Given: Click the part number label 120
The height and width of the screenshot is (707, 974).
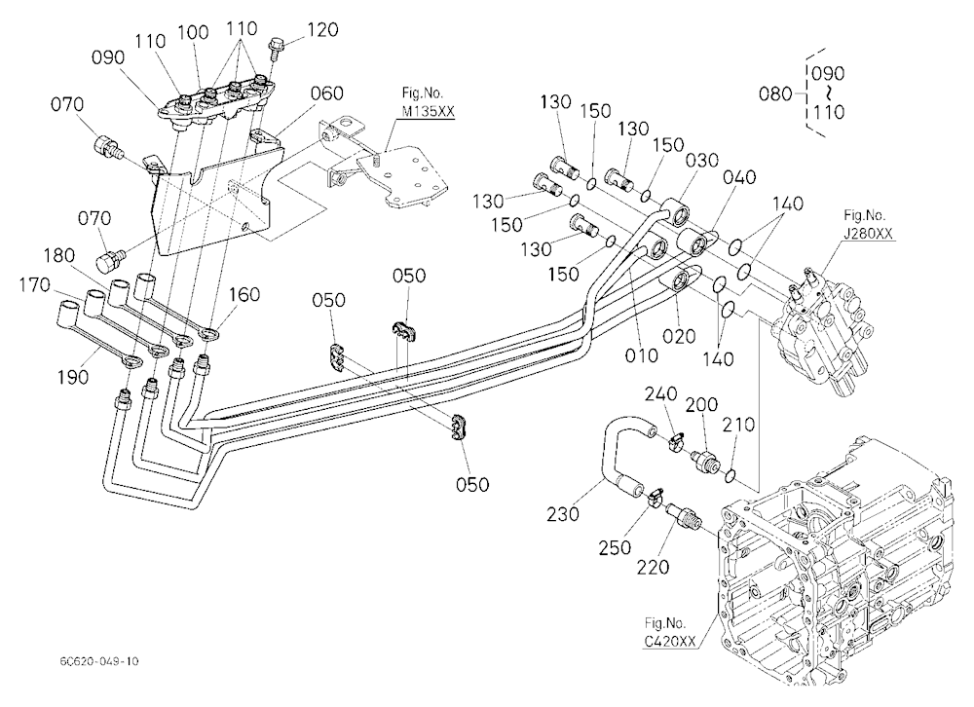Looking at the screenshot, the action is tap(323, 29).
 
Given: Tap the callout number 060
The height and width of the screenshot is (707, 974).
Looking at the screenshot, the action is tap(327, 93).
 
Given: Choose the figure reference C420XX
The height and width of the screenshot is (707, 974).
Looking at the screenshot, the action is tap(670, 641).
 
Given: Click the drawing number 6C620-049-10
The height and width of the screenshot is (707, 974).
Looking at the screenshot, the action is tap(99, 661).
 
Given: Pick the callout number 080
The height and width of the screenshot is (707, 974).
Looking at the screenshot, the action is tap(775, 93).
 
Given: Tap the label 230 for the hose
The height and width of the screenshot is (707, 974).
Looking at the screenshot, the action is tap(563, 514).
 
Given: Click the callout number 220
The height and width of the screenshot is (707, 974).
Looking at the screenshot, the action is tap(654, 566).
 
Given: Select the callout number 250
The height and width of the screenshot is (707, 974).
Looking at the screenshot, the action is tap(615, 547).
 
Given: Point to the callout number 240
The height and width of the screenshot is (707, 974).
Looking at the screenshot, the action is tap(660, 394).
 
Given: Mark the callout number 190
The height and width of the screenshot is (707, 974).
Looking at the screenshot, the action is tap(73, 377).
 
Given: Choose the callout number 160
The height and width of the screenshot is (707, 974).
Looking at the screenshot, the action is tap(244, 294).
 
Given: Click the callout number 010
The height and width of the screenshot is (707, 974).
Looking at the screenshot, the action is tap(642, 355).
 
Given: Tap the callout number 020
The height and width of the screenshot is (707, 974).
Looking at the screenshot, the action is tap(679, 336).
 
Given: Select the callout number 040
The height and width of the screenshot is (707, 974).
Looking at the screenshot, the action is tap(739, 177).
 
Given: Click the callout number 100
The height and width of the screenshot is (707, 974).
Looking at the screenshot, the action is tap(193, 32).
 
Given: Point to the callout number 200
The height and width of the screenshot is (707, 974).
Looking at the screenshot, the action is tap(701, 404).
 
